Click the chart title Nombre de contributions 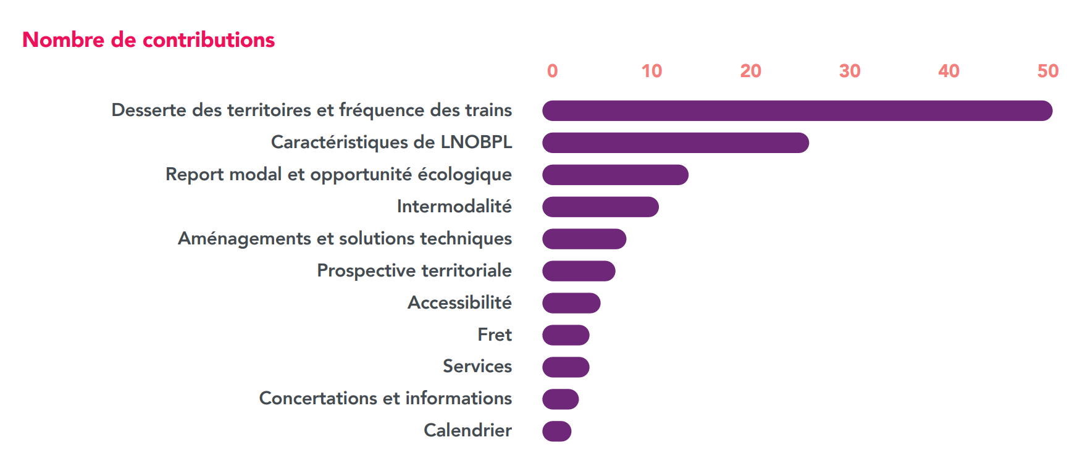[x=148, y=40]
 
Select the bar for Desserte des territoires [x=797, y=111]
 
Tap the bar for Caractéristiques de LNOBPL [x=675, y=143]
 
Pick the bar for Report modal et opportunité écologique [x=615, y=175]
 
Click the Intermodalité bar [x=600, y=207]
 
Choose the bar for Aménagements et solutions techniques [x=584, y=239]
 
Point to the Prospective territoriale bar [x=579, y=271]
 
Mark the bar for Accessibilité [x=571, y=303]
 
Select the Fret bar [x=566, y=335]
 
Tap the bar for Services [x=566, y=367]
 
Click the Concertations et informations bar [x=560, y=399]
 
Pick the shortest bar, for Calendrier [x=556, y=431]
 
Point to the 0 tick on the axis [x=552, y=72]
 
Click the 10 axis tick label [x=651, y=72]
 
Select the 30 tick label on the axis [x=850, y=72]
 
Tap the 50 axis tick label [x=1048, y=72]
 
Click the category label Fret [x=495, y=335]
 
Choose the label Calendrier [x=467, y=430]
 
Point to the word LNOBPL [x=476, y=142]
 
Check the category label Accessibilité [x=459, y=302]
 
